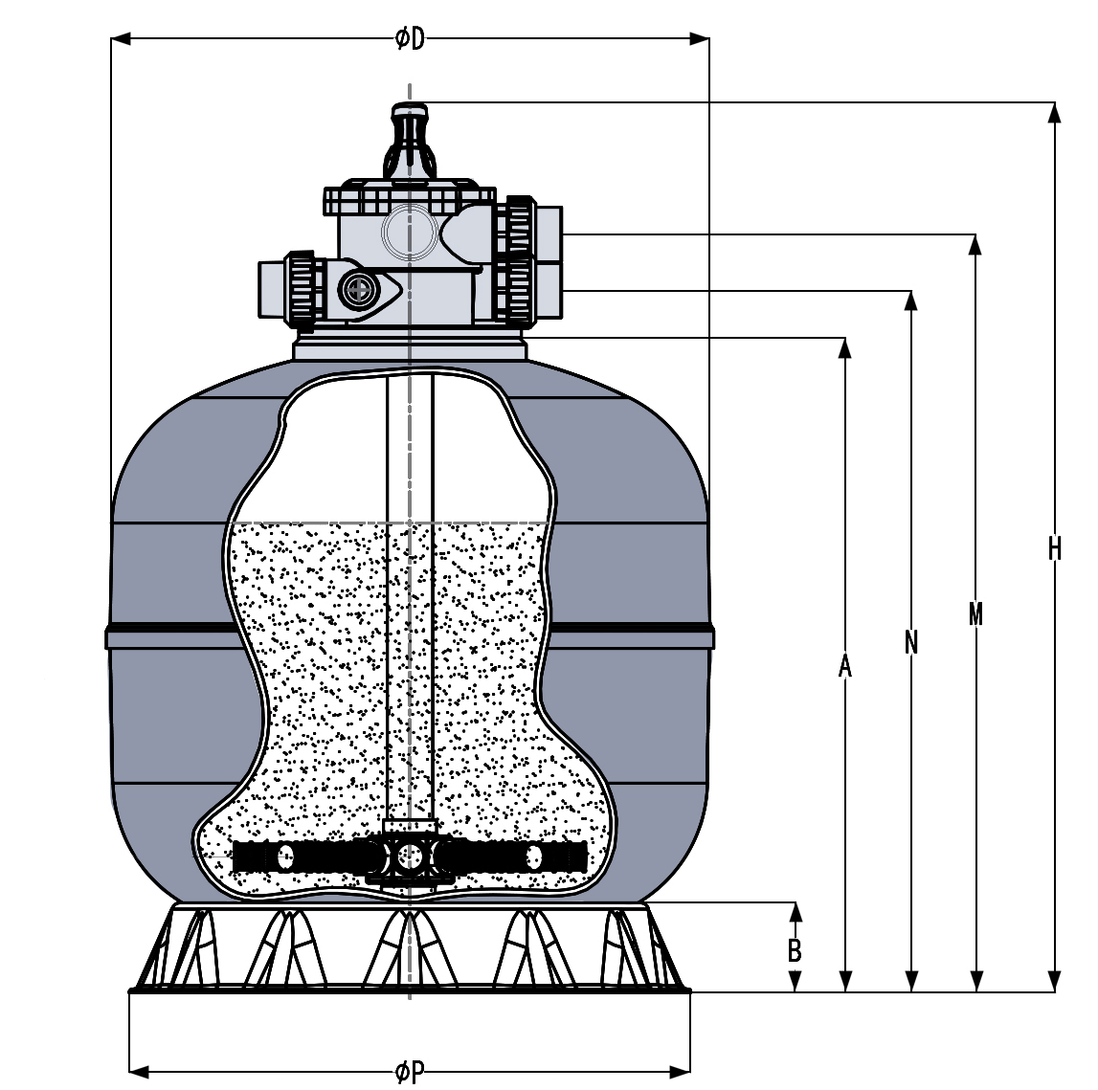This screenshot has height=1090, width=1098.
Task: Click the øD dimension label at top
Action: [410, 38]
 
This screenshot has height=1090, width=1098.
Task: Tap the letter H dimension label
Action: [1054, 548]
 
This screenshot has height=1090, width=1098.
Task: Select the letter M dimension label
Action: [975, 613]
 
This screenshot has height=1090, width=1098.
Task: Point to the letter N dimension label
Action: [910, 642]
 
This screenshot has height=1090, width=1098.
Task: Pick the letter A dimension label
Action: [844, 665]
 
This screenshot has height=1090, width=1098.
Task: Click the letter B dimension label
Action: [794, 950]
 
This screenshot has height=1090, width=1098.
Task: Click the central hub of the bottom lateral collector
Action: [410, 856]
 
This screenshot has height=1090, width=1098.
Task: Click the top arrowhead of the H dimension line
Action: [1054, 111]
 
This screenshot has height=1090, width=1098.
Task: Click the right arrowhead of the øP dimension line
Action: [681, 1068]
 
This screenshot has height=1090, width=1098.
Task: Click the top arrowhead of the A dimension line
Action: [844, 346]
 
